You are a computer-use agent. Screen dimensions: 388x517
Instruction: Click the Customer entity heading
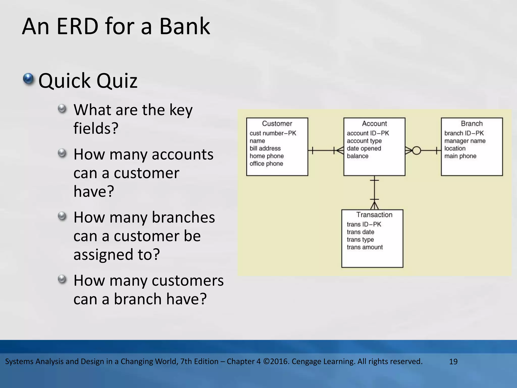tap(277, 124)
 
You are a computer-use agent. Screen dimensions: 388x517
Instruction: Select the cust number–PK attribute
tap(273, 133)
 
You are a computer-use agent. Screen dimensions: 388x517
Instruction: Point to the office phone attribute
tap(266, 164)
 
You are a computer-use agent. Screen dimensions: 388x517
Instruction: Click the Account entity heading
tap(374, 124)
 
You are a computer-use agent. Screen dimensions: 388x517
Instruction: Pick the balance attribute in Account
tap(357, 156)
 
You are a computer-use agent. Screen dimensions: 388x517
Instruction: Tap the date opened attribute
tap(364, 149)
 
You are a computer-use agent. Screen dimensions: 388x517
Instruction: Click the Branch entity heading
tap(472, 124)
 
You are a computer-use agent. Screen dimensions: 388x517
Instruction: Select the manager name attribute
tap(465, 141)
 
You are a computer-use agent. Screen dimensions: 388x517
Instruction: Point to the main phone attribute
tap(460, 156)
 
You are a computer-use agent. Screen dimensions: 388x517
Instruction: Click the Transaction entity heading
tap(374, 215)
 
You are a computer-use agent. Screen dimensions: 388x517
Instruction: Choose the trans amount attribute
tap(365, 247)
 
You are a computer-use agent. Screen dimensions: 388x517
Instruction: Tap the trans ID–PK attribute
tap(364, 224)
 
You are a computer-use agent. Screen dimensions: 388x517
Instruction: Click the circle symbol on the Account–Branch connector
tap(417, 151)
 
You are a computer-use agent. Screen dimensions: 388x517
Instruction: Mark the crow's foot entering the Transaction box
tap(374, 205)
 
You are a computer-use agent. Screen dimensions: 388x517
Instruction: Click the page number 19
tap(453, 362)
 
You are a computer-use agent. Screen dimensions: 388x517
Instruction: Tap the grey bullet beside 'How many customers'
tap(62, 279)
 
